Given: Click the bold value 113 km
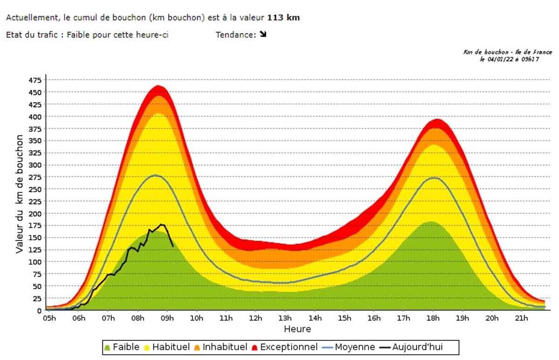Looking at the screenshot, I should point(283,18).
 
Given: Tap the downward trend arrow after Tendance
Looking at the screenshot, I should point(263,34).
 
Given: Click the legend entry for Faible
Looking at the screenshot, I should point(121,347).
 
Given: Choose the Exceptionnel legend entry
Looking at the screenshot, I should point(284,347).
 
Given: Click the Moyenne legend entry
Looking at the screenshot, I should point(349,347).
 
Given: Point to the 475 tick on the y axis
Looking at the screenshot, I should point(35,80).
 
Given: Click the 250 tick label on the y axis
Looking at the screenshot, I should point(35,116).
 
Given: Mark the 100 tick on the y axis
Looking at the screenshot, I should point(35,262).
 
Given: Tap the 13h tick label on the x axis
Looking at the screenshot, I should point(285,319).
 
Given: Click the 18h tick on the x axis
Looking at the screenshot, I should point(433,319).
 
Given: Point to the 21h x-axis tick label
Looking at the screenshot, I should point(521,319).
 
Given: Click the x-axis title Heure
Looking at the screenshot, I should point(297,329).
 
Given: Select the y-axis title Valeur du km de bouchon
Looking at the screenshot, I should point(20,194).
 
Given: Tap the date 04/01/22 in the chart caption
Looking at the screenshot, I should point(500,59).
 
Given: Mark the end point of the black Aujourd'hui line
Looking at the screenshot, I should point(173,246).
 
